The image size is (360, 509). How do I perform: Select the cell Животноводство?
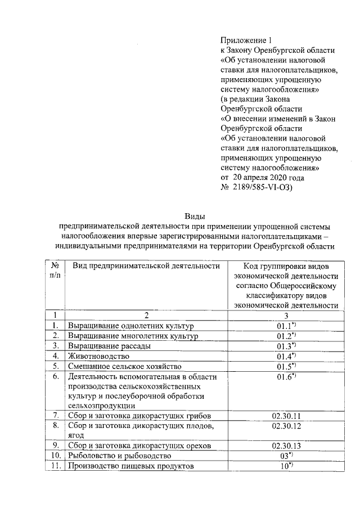[x=99, y=356]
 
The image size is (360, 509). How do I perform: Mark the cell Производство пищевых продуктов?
[x=130, y=466]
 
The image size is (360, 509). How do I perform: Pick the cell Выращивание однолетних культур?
[x=130, y=326]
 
